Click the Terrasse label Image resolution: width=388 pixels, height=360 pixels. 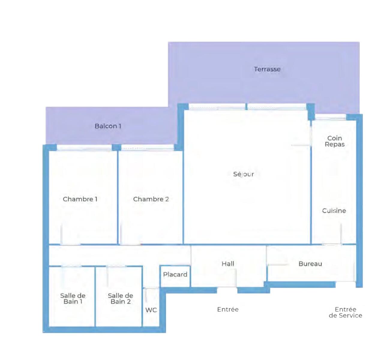click(x=267, y=69)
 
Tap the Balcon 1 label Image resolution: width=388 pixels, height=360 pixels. click(x=108, y=126)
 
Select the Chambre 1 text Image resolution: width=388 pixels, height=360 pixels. click(x=80, y=199)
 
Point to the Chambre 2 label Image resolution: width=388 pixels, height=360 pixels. click(x=151, y=199)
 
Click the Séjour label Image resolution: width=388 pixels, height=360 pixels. click(x=243, y=174)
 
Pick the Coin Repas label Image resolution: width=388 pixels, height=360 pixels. click(x=335, y=141)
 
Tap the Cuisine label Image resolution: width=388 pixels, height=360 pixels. click(x=334, y=211)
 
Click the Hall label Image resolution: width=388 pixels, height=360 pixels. click(x=228, y=264)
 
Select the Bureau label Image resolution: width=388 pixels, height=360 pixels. click(x=310, y=264)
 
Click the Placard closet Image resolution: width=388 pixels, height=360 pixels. click(x=175, y=276)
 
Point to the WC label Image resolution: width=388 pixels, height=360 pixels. click(x=151, y=310)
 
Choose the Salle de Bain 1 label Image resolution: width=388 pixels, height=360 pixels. click(x=73, y=298)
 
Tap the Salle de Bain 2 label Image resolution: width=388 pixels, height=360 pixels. click(x=120, y=298)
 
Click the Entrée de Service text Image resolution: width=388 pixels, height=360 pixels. click(x=345, y=312)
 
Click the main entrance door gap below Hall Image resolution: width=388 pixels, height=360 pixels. click(x=227, y=290)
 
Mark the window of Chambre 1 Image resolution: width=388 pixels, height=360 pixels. click(x=84, y=148)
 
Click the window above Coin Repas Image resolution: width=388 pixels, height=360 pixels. click(x=330, y=117)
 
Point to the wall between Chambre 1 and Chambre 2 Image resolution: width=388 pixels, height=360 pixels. click(x=118, y=197)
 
